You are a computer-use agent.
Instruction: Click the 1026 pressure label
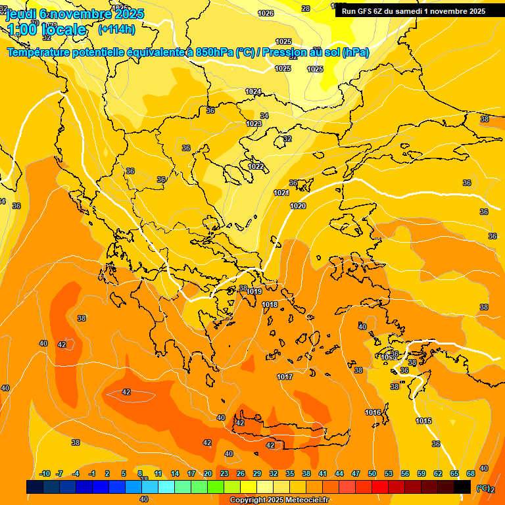266,13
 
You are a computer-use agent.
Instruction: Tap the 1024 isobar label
253,91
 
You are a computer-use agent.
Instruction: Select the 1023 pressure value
254,124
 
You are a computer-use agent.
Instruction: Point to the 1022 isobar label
256,166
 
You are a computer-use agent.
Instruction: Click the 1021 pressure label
281,193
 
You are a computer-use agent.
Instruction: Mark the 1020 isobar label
298,206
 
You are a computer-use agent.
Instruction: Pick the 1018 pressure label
270,304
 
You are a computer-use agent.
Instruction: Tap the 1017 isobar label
285,377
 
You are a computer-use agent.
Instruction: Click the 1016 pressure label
373,412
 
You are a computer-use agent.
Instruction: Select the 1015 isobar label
423,421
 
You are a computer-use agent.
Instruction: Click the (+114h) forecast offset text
116,29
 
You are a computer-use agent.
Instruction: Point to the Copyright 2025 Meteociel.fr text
279,500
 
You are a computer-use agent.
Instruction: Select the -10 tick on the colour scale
45,473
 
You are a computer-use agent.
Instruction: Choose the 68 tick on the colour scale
471,473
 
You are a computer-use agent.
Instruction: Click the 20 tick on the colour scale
208,473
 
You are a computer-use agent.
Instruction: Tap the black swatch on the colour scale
462,487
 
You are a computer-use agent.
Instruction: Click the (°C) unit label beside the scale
483,488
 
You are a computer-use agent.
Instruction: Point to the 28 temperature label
306,9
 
